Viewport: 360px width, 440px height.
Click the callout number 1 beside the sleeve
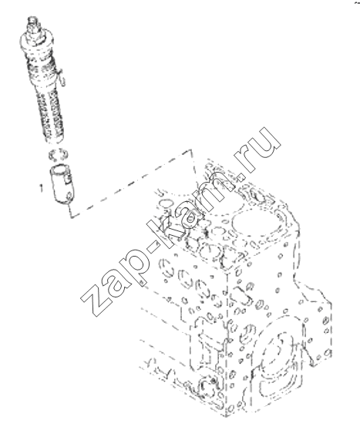(x=42, y=188)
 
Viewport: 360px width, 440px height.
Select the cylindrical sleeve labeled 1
(x=62, y=184)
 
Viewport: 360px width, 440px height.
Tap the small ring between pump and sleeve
(x=58, y=154)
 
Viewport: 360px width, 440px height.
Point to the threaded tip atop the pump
(x=33, y=22)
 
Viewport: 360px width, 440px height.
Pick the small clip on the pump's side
(x=62, y=78)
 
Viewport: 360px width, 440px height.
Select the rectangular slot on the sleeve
(x=69, y=179)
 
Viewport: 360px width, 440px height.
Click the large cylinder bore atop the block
(x=254, y=223)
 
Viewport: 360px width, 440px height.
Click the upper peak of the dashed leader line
(x=191, y=150)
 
